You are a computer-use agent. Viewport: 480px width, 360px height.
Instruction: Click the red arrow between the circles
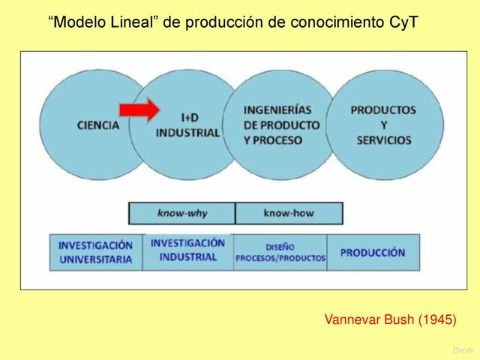coord(139,110)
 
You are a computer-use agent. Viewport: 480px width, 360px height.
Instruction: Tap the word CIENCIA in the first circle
coord(98,125)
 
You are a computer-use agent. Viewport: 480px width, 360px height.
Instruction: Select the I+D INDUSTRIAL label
coord(188,125)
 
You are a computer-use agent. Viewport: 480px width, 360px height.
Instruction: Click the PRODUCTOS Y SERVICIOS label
coord(383,125)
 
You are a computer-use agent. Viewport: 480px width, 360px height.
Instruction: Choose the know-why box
coord(182,214)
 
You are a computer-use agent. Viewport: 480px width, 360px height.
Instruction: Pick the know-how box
coord(289,214)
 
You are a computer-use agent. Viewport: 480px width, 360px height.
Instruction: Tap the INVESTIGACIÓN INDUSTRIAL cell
coord(187,250)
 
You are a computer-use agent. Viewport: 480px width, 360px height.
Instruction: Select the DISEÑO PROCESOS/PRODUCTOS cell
coord(280,253)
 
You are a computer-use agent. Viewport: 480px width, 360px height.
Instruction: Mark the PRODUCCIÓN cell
coord(373,253)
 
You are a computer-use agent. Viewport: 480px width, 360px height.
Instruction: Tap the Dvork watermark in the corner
coord(463,350)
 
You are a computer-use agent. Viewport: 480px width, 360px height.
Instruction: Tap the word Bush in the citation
coord(397,320)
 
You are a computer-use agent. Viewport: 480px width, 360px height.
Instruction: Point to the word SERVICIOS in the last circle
coord(384,140)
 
